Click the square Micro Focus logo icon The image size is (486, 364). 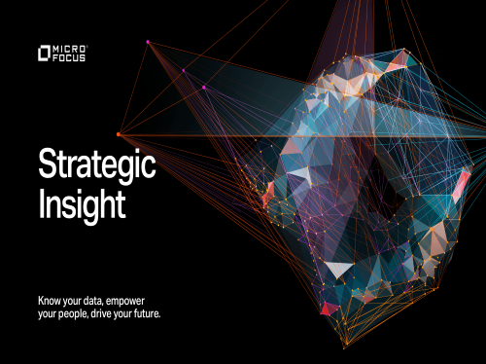click(x=42, y=52)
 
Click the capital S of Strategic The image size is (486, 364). click(x=46, y=166)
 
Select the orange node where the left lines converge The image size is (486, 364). click(x=119, y=134)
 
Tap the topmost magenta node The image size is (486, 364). click(x=148, y=42)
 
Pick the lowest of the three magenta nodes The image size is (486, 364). click(x=204, y=87)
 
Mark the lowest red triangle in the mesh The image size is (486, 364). click(x=329, y=309)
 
